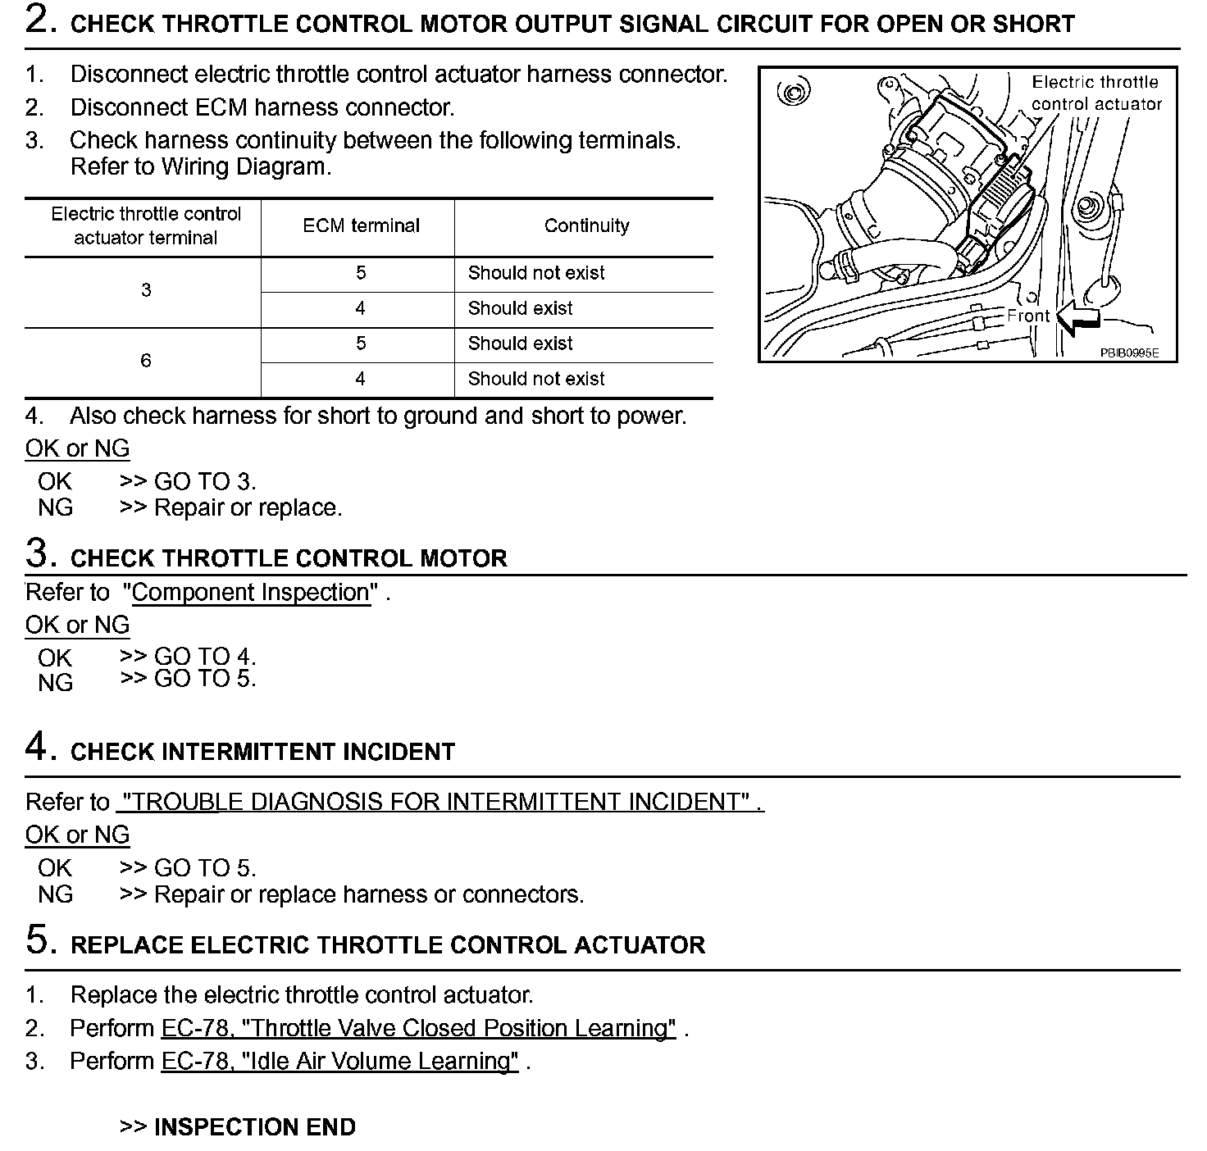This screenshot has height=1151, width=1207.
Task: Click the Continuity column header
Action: coord(586,226)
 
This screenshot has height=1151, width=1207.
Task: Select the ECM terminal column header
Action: coord(361,226)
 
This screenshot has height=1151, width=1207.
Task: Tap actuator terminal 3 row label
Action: coord(146,290)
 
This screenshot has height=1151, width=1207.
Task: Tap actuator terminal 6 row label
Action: coord(146,361)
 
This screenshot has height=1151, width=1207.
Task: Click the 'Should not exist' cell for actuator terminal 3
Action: coord(535,273)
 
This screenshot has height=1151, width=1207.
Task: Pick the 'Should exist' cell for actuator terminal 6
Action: coord(520,343)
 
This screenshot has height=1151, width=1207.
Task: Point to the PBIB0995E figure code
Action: coord(1128,353)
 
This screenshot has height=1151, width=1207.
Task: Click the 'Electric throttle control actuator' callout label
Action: coord(1095,93)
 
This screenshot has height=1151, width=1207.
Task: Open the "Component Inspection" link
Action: coord(250,593)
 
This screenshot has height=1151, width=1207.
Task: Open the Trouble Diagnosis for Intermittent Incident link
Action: coord(440,802)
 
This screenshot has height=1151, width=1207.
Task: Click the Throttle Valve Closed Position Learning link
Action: coord(418,1028)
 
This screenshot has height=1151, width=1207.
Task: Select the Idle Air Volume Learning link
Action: coord(339,1062)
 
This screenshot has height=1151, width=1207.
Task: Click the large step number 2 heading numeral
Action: coord(39,20)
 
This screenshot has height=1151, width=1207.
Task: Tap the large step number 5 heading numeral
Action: coord(39,940)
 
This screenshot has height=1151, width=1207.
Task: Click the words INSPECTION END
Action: coord(254,1127)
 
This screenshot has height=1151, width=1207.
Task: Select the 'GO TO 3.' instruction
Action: coord(205,482)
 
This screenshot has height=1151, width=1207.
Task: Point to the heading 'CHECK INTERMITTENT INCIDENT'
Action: coord(262,752)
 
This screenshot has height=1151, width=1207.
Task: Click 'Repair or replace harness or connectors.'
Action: coord(369,894)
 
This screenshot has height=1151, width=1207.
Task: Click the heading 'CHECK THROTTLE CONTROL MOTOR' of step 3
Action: coord(289,559)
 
